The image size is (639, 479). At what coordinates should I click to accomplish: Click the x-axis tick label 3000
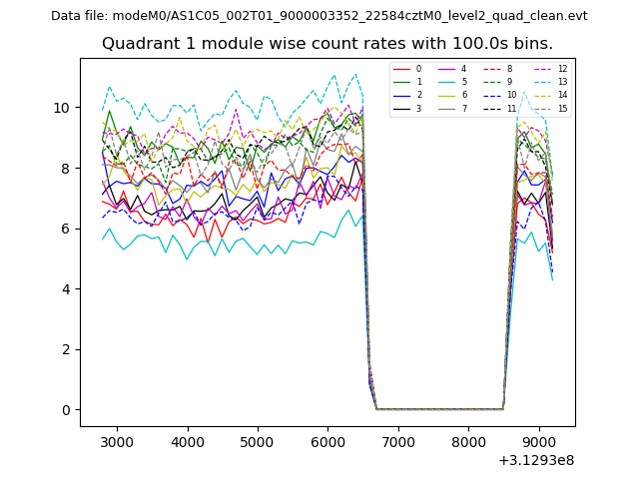117,442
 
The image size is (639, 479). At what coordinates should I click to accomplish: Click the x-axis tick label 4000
188,442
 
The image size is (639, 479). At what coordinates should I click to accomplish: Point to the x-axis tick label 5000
258,442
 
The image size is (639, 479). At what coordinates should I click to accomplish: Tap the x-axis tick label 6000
328,442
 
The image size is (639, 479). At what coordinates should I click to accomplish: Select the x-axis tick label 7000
398,442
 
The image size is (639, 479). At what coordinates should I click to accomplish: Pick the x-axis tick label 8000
469,442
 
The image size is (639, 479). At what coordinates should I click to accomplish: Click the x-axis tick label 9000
539,442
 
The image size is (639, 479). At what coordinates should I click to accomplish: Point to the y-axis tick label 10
62,108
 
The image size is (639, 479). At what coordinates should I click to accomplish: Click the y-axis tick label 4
66,289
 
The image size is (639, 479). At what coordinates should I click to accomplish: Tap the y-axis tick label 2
66,349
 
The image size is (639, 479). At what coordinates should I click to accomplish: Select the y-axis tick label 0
66,410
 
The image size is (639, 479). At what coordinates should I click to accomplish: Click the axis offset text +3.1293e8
535,460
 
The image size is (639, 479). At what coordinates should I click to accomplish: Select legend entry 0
418,69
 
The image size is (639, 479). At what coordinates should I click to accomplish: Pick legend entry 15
562,108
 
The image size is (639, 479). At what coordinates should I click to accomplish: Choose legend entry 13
562,82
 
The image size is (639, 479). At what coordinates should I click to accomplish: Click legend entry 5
463,82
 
